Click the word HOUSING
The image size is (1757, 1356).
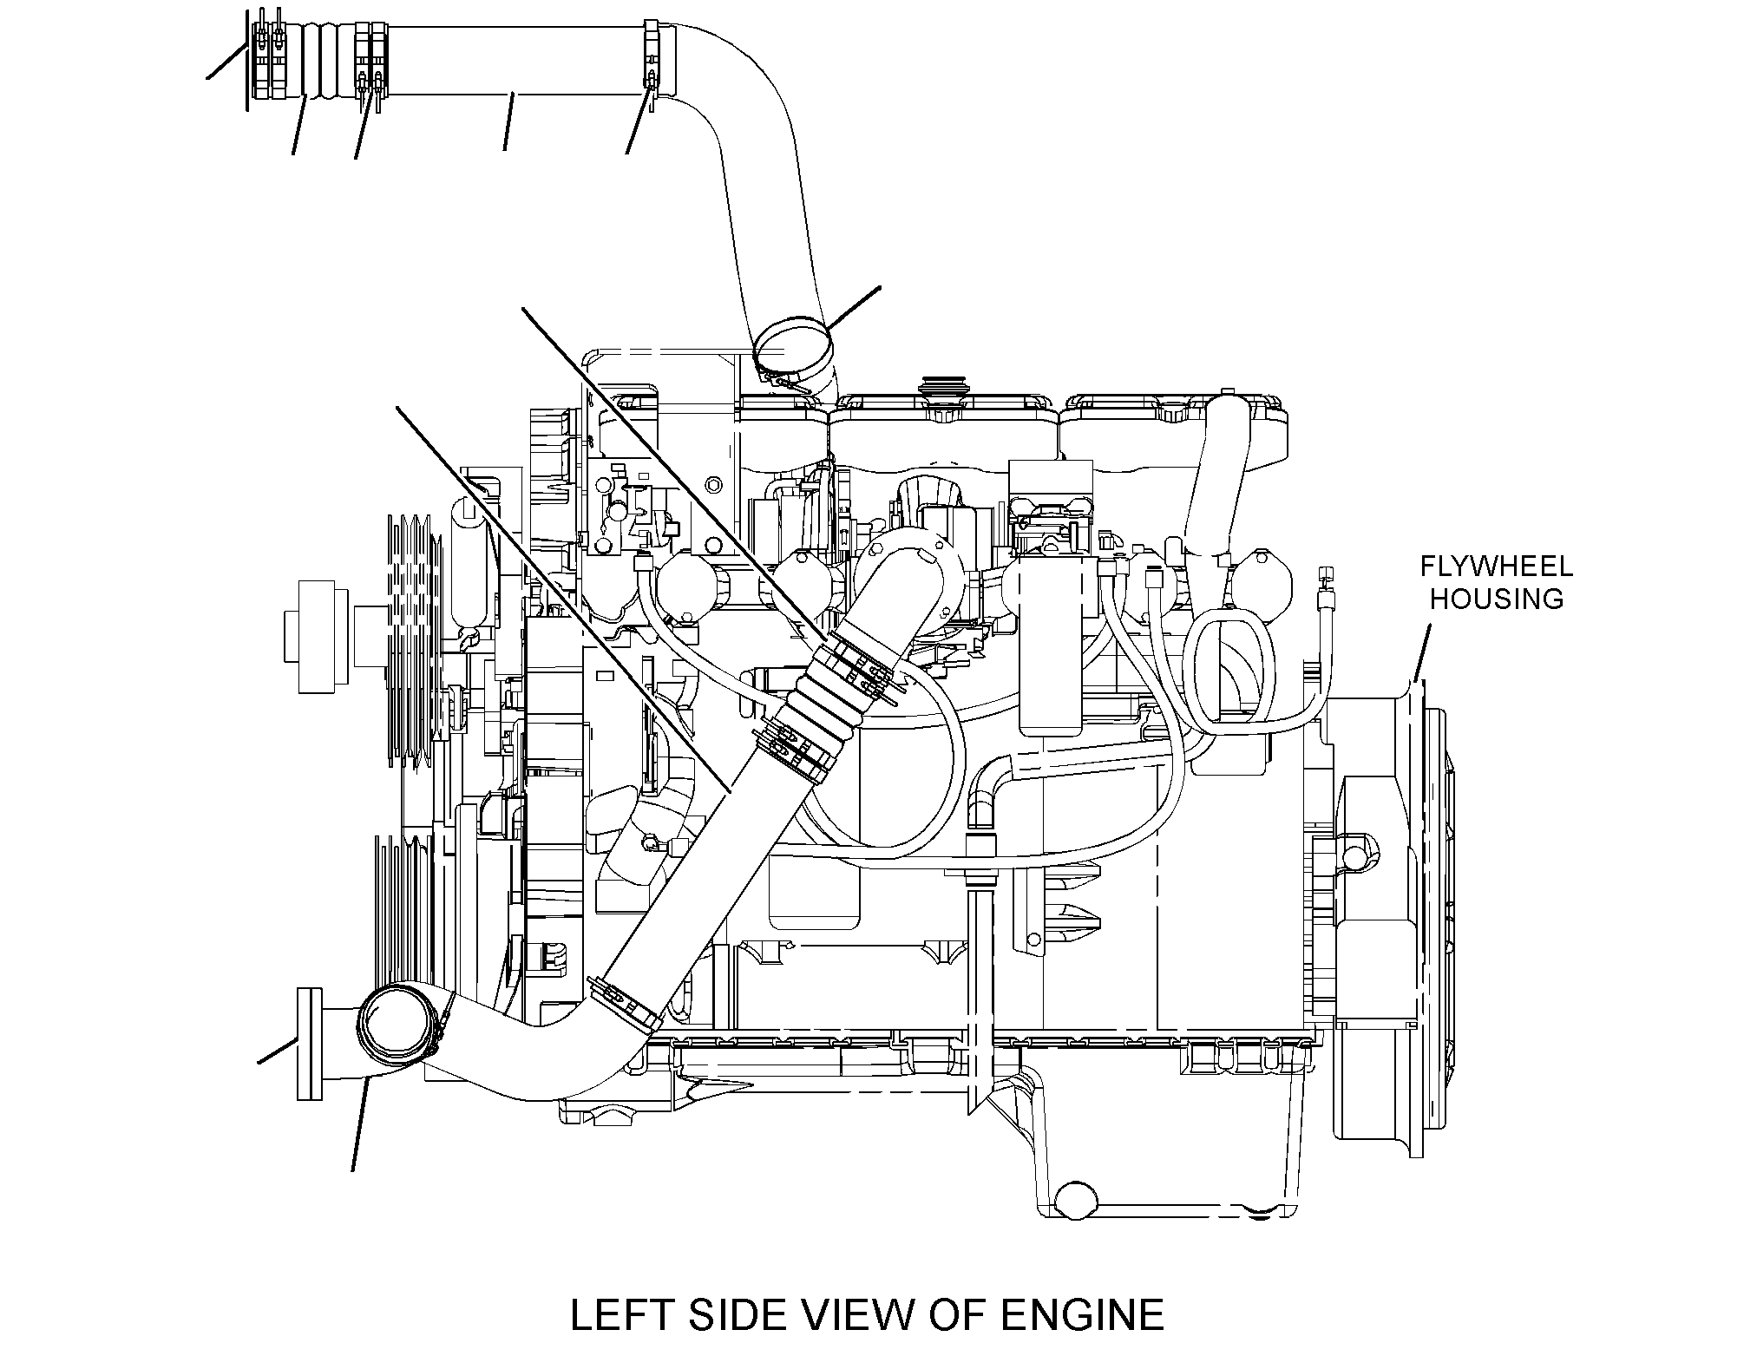[1497, 599]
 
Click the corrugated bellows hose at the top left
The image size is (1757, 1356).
[321, 59]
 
